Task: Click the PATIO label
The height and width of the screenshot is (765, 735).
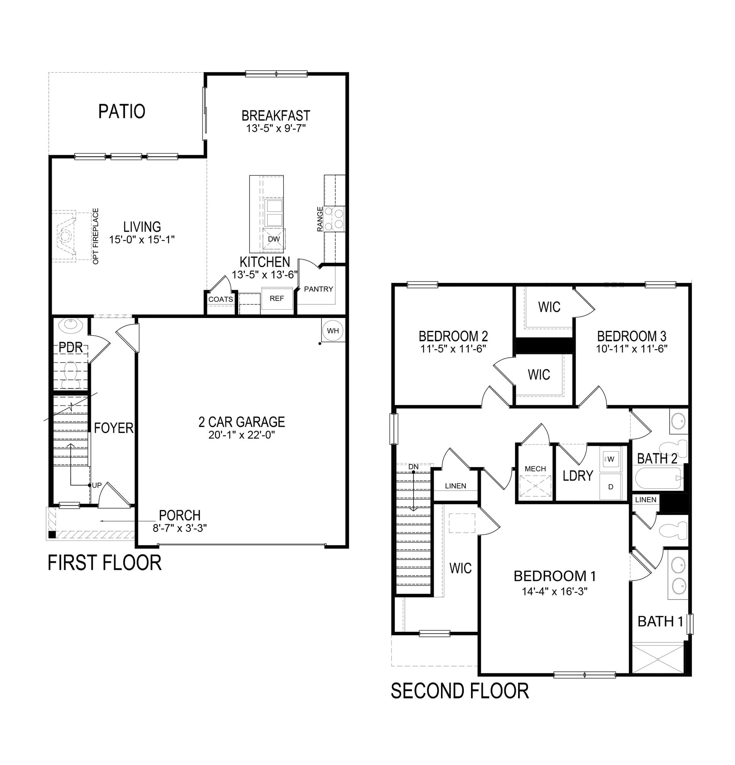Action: point(122,111)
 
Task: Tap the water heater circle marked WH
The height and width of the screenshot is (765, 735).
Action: point(332,331)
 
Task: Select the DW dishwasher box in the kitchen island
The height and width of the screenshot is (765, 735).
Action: point(274,239)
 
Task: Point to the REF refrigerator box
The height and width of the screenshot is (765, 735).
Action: point(277,298)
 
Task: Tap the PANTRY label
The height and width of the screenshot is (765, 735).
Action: point(318,289)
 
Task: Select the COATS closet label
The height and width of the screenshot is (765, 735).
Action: point(221,299)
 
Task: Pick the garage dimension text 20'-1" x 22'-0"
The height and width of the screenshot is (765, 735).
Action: point(242,435)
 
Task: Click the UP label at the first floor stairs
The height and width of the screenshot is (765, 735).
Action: point(96,485)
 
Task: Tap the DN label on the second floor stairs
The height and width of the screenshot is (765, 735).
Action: point(414,466)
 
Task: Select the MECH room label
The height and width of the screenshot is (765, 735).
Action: point(535,469)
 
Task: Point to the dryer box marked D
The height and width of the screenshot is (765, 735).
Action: point(611,487)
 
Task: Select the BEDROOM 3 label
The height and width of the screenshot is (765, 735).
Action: point(631,336)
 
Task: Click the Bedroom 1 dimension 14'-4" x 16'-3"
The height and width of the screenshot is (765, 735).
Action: point(554,591)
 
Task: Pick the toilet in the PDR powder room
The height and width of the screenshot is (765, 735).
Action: point(71,374)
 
